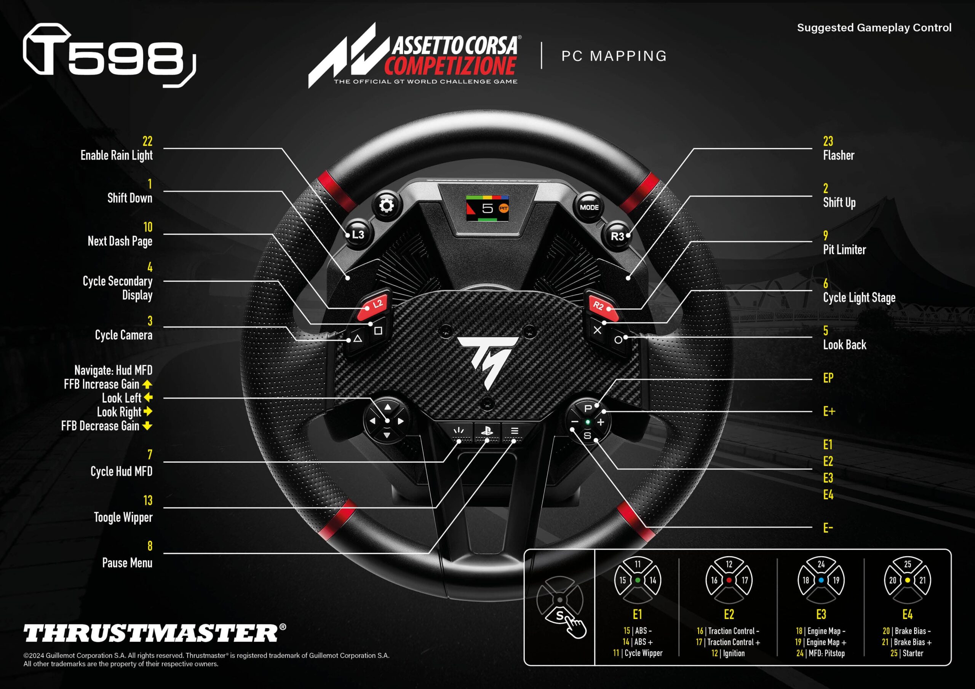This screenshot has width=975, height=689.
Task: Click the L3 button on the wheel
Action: (358, 234)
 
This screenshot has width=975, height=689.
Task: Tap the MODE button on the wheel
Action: (589, 207)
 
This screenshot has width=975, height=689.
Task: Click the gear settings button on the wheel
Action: (386, 206)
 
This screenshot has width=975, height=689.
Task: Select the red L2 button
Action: (374, 306)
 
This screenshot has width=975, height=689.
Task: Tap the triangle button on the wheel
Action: (358, 339)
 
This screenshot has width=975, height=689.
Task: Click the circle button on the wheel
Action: (618, 340)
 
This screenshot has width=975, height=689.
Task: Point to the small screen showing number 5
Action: (487, 208)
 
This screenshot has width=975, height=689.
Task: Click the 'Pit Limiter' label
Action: (844, 250)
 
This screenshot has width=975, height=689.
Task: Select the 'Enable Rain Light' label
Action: (117, 155)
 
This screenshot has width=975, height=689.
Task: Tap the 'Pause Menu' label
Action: (127, 563)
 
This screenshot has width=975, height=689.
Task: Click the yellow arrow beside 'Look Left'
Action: (148, 398)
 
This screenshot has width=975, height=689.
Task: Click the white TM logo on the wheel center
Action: (488, 361)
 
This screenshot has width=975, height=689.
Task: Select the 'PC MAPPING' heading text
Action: (614, 56)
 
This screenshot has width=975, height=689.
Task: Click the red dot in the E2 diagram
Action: (729, 580)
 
